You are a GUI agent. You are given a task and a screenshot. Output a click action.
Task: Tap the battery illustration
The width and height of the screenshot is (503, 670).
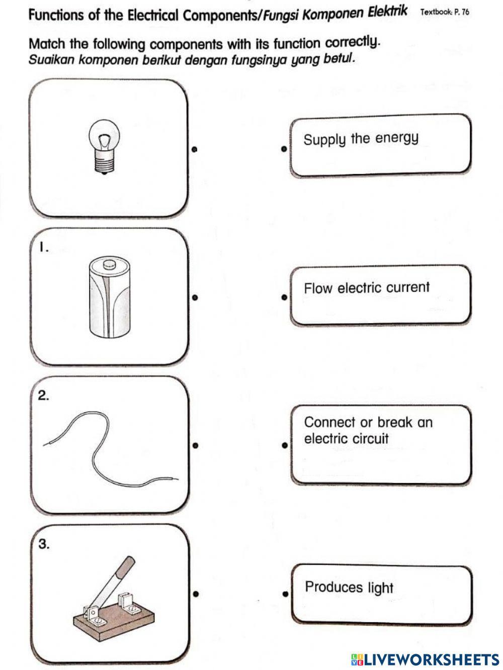tap(109, 297)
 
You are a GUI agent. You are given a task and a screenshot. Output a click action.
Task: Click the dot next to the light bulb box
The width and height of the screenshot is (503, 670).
tap(194, 149)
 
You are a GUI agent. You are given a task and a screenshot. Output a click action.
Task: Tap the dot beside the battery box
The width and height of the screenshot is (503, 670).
tap(194, 298)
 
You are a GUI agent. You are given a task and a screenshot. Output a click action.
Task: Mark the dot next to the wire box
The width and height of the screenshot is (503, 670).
tap(195, 445)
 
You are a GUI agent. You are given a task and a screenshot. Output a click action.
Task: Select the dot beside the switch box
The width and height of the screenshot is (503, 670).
tap(196, 594)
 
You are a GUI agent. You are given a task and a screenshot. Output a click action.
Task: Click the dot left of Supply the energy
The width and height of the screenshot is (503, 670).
tap(284, 149)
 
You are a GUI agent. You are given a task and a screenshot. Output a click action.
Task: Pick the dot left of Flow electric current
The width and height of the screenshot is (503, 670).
tap(284, 298)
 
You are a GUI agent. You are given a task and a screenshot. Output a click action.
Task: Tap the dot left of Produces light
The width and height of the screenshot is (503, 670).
tap(285, 594)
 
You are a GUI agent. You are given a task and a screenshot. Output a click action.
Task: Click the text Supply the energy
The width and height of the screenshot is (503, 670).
tap(361, 139)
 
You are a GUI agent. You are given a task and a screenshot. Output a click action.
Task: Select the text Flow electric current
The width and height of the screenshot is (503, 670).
tap(367, 288)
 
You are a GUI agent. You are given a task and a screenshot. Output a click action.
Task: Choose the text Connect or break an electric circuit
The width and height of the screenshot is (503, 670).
tap(368, 430)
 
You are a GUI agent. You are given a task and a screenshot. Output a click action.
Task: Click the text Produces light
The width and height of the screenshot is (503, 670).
tap(349, 587)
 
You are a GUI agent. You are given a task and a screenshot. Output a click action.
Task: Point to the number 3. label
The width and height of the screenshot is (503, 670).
tap(44, 544)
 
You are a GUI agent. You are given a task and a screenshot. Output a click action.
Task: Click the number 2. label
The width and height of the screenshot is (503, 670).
tap(44, 396)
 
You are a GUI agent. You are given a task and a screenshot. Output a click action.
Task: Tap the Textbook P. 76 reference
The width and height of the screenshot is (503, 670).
tap(445, 12)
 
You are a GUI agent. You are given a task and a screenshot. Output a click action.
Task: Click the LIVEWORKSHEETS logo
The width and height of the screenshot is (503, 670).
tap(425, 659)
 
